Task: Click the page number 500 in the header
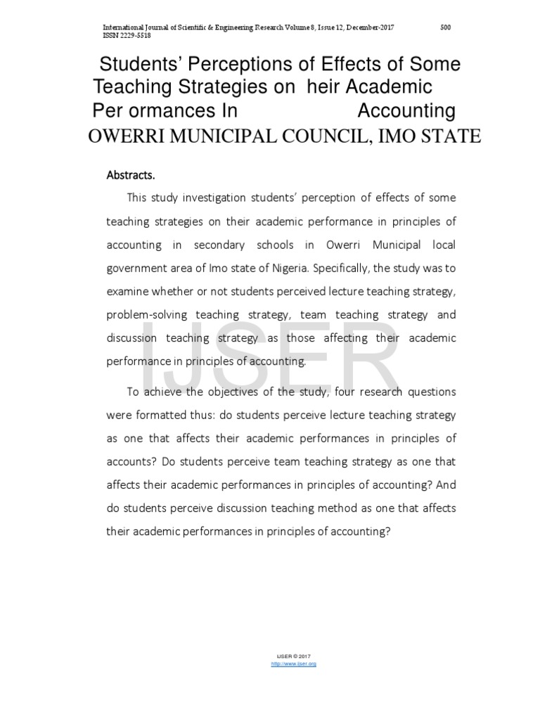coord(445,27)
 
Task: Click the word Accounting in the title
coord(406,111)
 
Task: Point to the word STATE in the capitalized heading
coord(449,136)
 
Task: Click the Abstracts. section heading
coord(130,175)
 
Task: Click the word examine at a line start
coord(128,292)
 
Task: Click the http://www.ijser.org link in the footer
coord(293,664)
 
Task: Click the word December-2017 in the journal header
coord(366,27)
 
